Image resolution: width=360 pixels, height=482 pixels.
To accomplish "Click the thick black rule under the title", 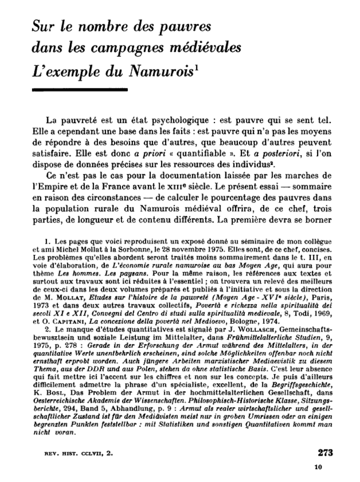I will (x=80, y=90).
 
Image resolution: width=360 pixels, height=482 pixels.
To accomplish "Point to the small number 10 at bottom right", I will (x=318, y=467).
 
